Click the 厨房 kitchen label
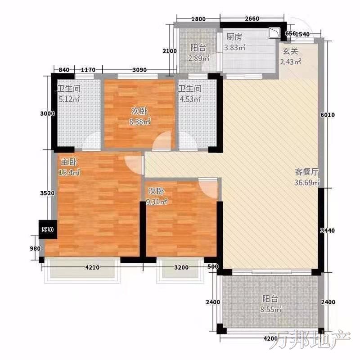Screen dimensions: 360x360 234,37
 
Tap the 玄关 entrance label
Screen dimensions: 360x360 290,51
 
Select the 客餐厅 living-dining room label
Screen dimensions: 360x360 307,172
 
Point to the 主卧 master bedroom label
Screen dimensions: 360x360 69,162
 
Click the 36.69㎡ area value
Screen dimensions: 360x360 307,183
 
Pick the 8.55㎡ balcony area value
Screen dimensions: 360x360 271,310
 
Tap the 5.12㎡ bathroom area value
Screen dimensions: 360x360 69,99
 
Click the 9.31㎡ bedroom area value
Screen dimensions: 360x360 157,202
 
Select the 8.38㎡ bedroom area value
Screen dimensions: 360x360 140,121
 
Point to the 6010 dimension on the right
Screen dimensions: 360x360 328,115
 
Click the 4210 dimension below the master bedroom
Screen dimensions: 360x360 92,267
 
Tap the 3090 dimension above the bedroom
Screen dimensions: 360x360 139,70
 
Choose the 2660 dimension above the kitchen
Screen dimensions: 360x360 252,18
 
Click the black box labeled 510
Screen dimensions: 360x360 48,229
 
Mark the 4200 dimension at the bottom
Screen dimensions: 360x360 270,338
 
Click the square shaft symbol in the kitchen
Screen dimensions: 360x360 274,33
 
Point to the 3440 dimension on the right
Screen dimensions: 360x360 328,230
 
